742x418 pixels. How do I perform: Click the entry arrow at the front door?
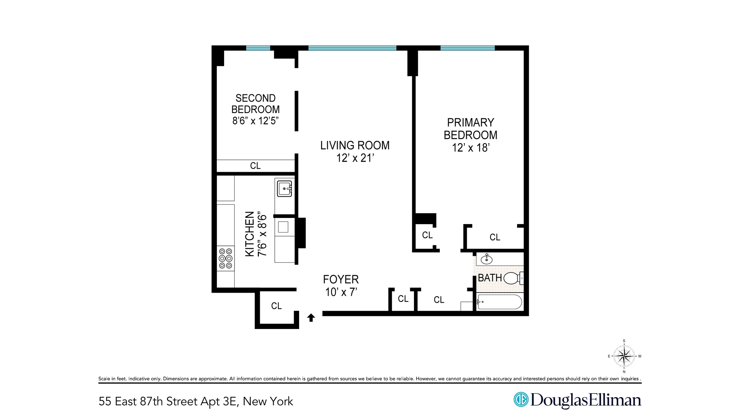coord(311,318)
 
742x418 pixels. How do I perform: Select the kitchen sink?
coord(284,188)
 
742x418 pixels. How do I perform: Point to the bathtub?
coord(499,302)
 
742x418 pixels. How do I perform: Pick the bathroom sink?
coord(487,259)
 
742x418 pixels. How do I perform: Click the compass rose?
coord(624,356)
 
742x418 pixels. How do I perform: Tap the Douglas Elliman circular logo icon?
coord(521,399)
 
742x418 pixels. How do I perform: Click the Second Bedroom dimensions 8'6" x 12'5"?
coord(255,121)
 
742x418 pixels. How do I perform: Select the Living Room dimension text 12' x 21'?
coord(355,158)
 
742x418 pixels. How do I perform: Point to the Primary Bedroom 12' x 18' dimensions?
coord(470,148)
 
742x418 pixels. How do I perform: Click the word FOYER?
coord(341,279)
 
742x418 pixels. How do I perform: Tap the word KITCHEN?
coord(250,234)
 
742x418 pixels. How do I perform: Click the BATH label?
coord(490,278)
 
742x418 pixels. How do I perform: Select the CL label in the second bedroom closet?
coord(255,166)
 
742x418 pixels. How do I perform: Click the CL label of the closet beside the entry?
coord(276,306)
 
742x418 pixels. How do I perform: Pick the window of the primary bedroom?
coord(467,48)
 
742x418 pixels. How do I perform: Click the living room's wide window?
coord(352,48)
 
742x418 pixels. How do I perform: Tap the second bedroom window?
coord(258,48)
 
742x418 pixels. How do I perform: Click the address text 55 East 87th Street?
coord(155,401)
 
